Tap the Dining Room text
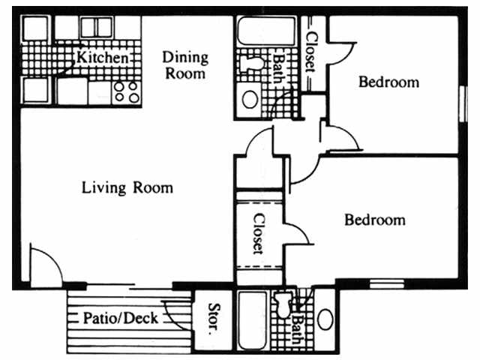pyautogui.click(x=185, y=65)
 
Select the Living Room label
pyautogui.click(x=127, y=187)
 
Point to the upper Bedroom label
pyautogui.click(x=388, y=82)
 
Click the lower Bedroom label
pyautogui.click(x=374, y=220)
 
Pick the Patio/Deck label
pyautogui.click(x=120, y=318)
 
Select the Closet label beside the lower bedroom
pyautogui.click(x=258, y=233)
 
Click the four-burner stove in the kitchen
pyautogui.click(x=126, y=91)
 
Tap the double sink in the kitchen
pyautogui.click(x=95, y=27)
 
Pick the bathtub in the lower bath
pyautogui.click(x=252, y=321)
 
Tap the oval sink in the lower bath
pyautogui.click(x=325, y=319)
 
